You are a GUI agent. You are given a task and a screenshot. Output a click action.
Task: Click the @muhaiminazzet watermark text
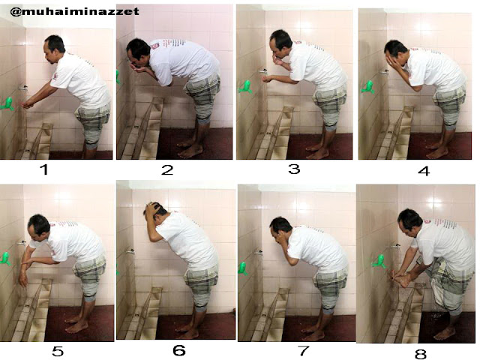point(74,12)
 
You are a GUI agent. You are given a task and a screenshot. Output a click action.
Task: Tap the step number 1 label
point(45,169)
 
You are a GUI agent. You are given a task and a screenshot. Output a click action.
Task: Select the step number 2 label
point(167,170)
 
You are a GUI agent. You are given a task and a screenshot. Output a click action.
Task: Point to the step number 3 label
point(294,169)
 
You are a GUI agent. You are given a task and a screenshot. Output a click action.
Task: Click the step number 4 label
point(424,171)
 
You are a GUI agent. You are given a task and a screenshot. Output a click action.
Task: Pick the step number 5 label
point(58,351)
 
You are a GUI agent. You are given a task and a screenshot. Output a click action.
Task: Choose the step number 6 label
point(179,350)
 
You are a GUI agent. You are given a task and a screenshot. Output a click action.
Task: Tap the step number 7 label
point(303,351)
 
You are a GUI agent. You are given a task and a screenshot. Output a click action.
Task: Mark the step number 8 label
point(420,354)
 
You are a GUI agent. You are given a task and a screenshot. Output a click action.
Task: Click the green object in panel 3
point(246,87)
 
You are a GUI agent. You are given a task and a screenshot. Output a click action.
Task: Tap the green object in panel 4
point(368,87)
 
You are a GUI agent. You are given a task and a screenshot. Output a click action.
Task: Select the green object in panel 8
point(379,262)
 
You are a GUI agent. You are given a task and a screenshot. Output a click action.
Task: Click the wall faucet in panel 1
point(23,88)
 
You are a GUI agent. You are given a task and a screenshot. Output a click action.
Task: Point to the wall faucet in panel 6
point(130,251)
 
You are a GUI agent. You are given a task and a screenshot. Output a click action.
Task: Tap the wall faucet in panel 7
point(259,253)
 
